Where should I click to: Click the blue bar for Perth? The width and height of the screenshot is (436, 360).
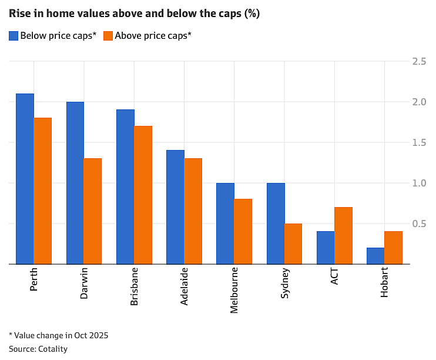coord(25,179)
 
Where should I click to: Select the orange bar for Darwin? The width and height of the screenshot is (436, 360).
coord(93,211)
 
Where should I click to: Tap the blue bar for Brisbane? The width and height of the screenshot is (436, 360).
coord(125,187)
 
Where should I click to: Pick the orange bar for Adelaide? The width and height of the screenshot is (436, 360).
coord(193,211)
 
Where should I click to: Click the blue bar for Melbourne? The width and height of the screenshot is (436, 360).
coord(225,224)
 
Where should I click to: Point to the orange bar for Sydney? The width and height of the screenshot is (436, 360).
coord(293,244)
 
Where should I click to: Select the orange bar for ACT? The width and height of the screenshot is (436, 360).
coord(343,235)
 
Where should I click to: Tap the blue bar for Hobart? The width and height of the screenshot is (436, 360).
coord(375,256)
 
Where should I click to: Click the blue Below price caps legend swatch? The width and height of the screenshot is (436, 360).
coord(14,36)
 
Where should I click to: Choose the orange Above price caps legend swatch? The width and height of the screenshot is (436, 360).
coord(108,36)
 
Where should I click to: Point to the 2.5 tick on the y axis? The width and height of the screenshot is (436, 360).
coord(419,62)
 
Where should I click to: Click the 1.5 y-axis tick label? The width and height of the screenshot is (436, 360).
coord(419,142)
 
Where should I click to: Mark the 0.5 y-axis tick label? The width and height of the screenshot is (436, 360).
coord(419,224)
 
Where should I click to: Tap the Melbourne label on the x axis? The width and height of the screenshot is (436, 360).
coord(234,291)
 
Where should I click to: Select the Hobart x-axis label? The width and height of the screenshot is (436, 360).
coord(384,282)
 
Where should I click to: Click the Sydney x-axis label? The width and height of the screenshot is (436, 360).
coord(285,283)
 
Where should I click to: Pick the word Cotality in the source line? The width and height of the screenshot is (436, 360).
coord(53,349)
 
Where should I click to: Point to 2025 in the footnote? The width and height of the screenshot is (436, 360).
coord(99,335)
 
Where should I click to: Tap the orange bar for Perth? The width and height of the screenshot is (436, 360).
coord(42,191)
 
